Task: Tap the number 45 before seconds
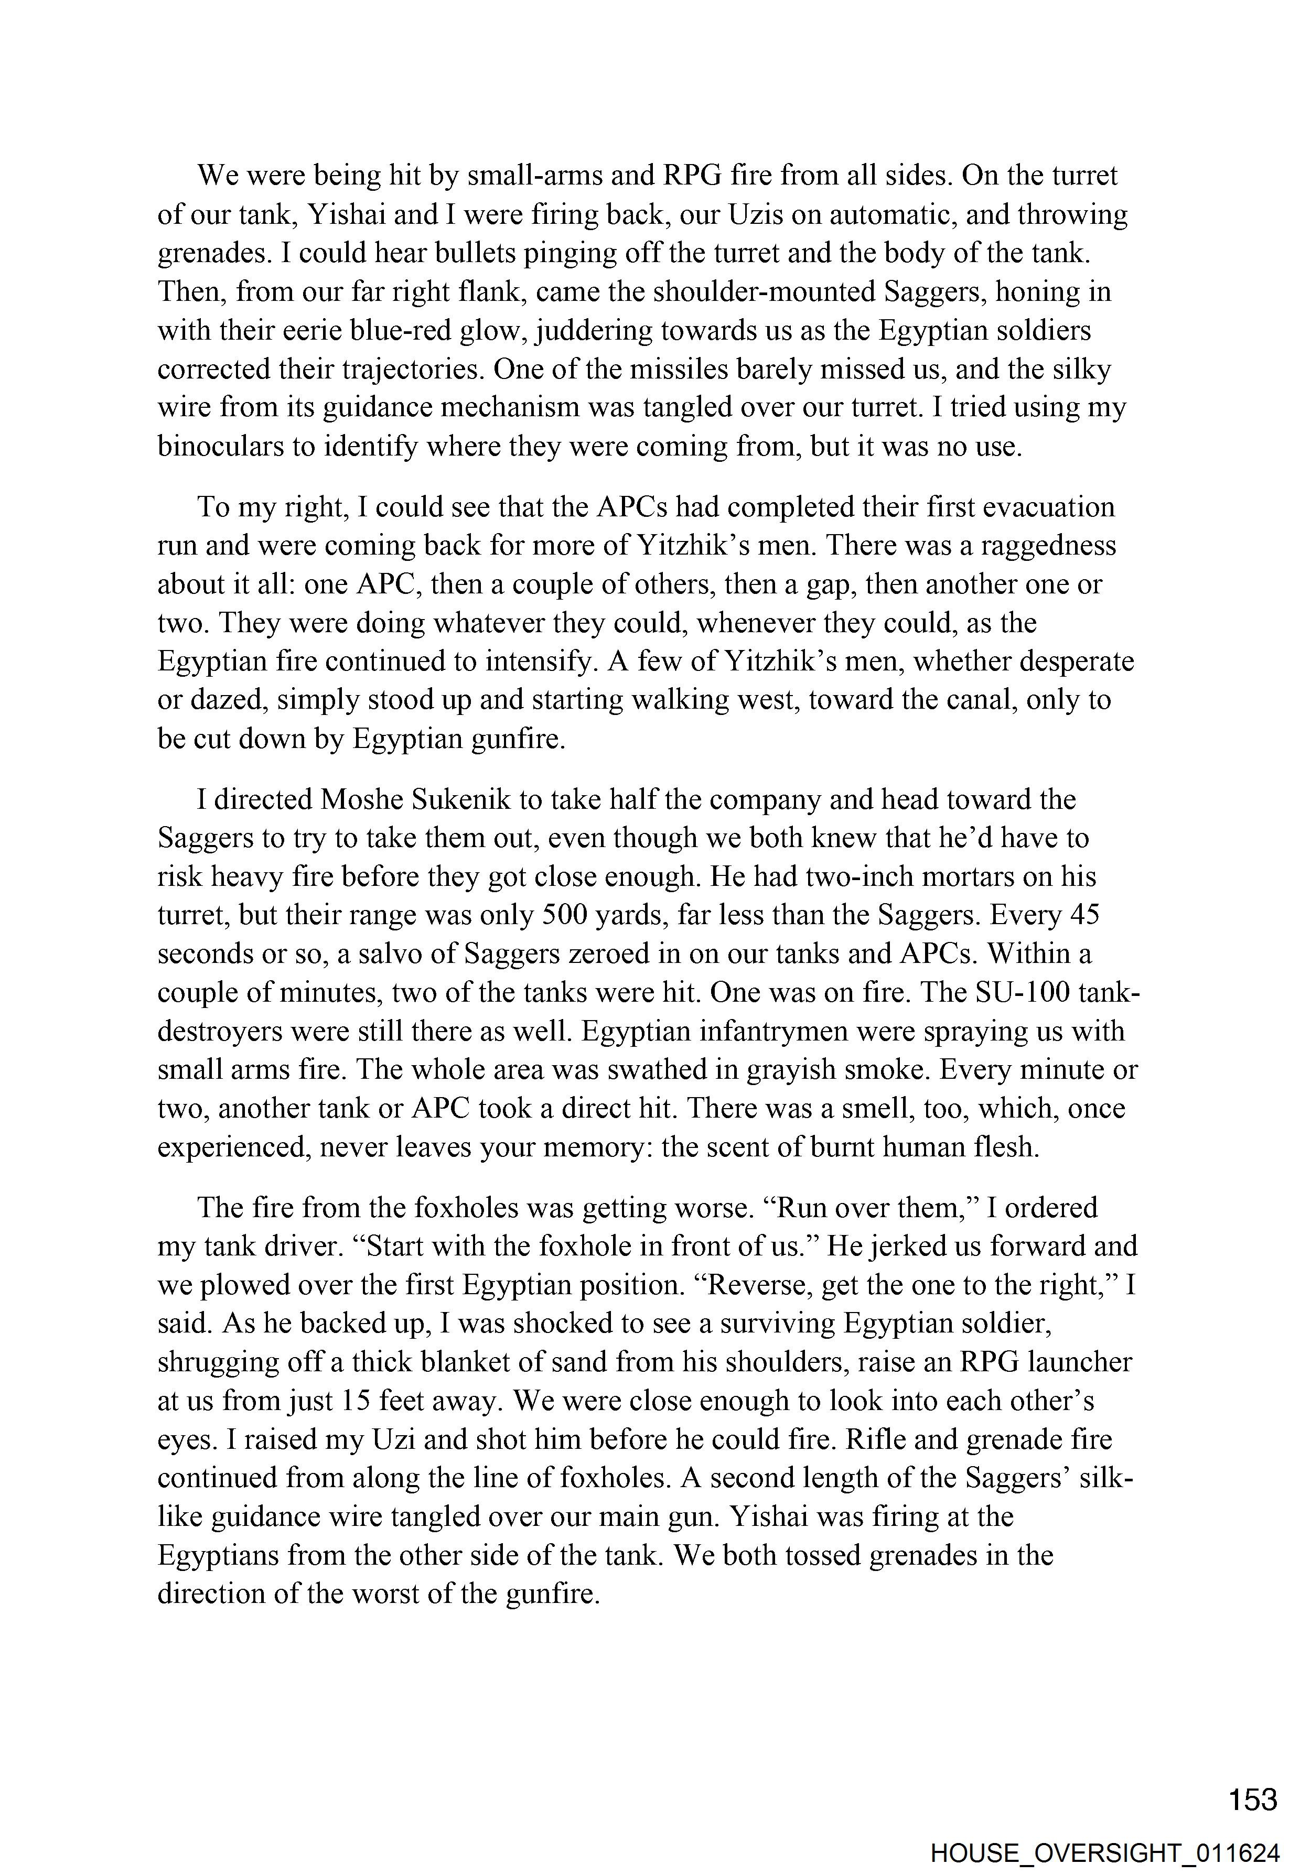click(1082, 915)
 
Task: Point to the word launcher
click(1080, 1362)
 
